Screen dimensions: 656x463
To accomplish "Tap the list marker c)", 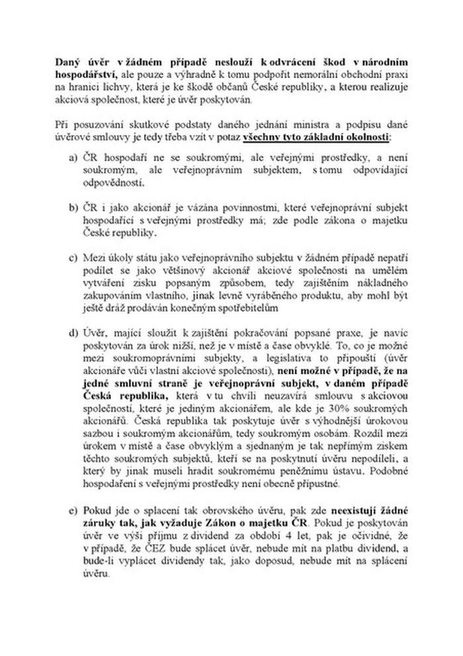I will (72, 256).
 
